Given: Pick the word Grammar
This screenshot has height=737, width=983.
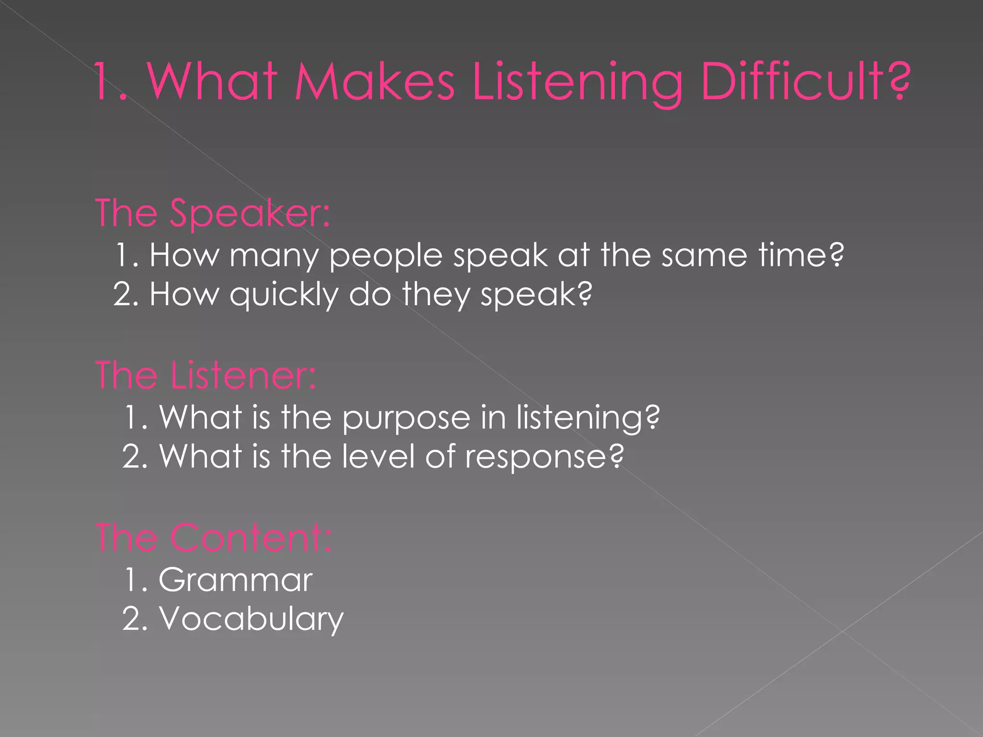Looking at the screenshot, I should tap(235, 580).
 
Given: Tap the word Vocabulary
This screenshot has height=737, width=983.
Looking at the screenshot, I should tap(252, 619).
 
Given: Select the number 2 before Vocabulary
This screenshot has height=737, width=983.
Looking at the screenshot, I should tap(132, 619).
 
